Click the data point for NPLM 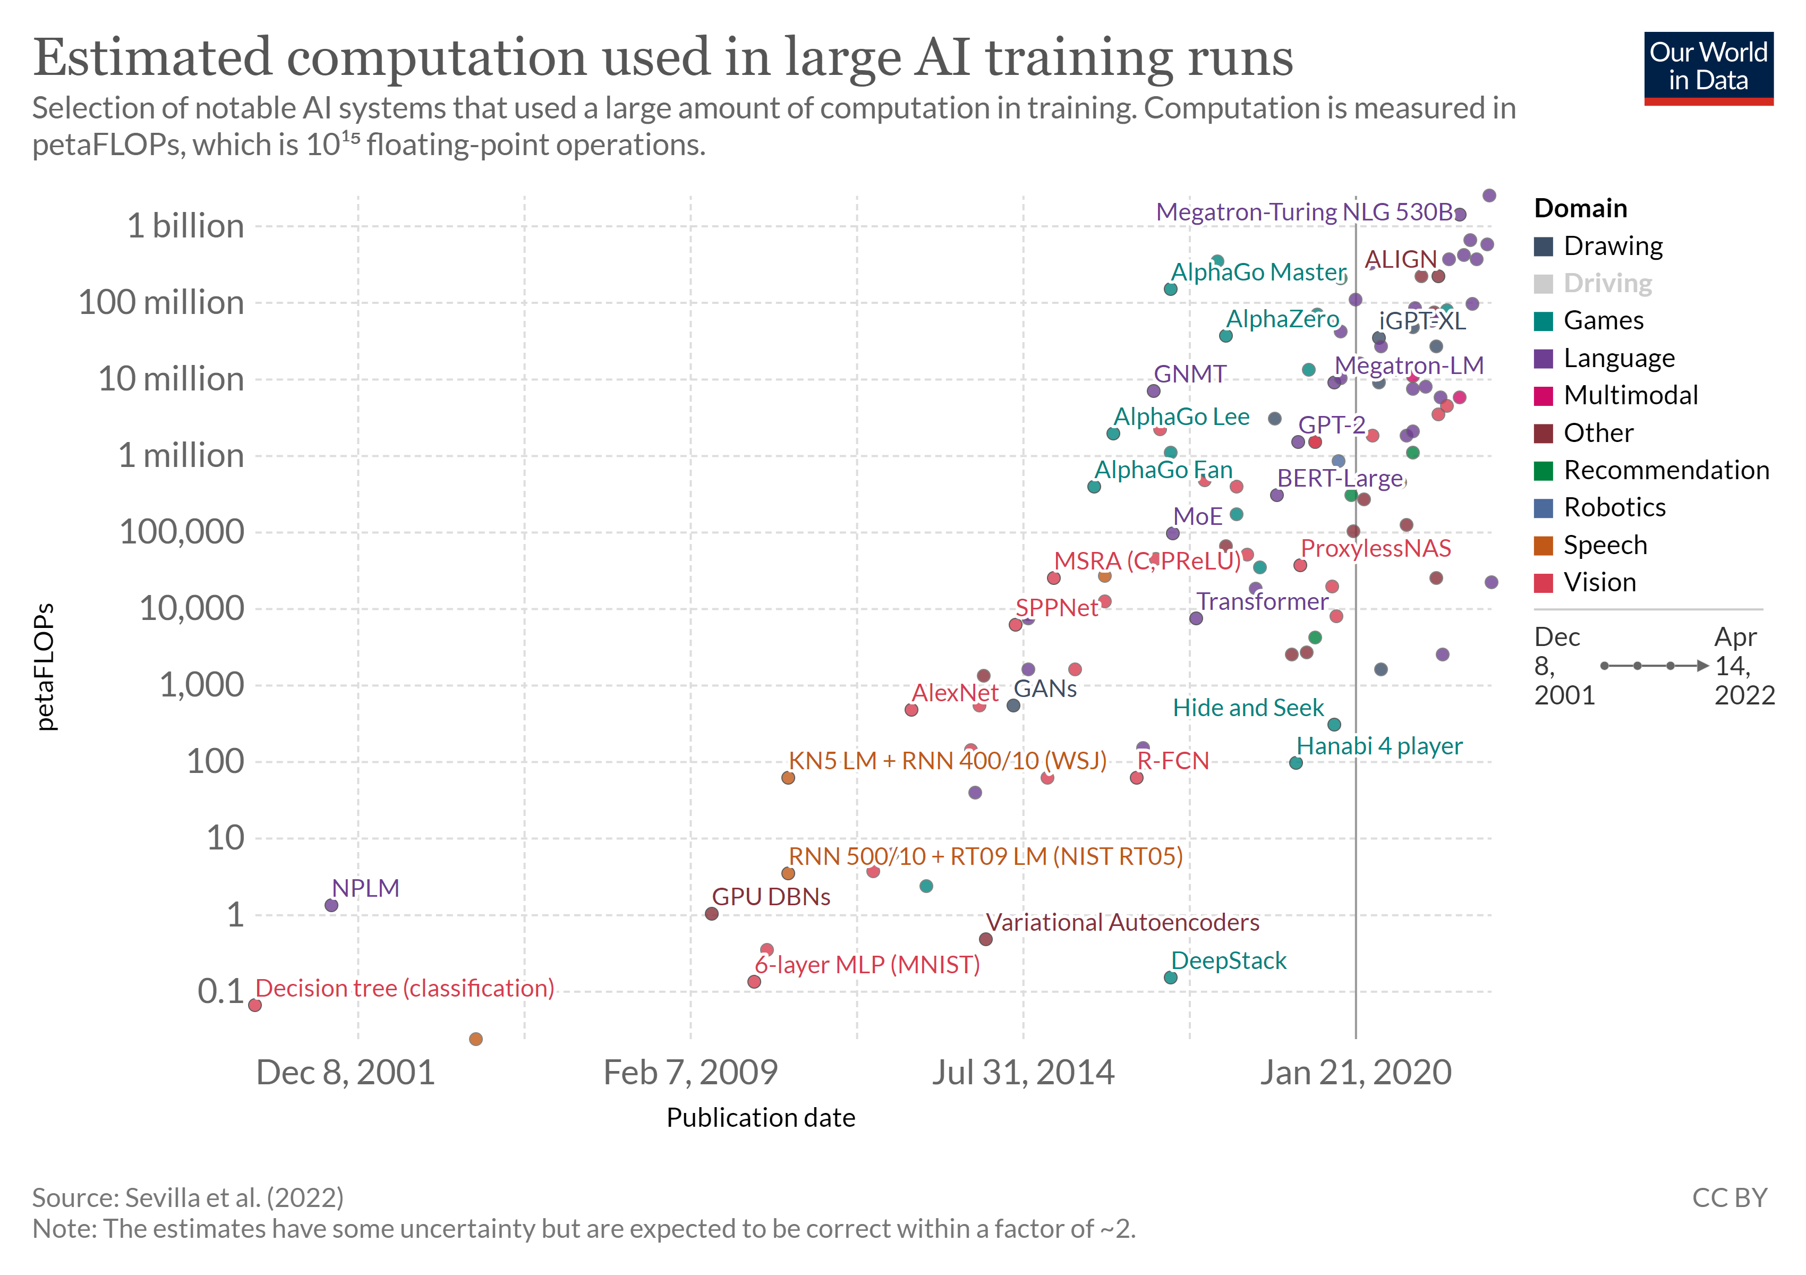pyautogui.click(x=331, y=905)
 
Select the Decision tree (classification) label pyautogui.click(x=404, y=988)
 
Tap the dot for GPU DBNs pyautogui.click(x=711, y=914)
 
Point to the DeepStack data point pyautogui.click(x=1170, y=977)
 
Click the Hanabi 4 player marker pyautogui.click(x=1296, y=763)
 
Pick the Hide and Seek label pyautogui.click(x=1248, y=708)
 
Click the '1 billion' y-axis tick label pyautogui.click(x=185, y=226)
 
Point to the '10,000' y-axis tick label pyautogui.click(x=192, y=609)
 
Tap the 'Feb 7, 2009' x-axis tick pyautogui.click(x=690, y=1073)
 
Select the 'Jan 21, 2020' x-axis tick pyautogui.click(x=1355, y=1073)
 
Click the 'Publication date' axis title pyautogui.click(x=761, y=1118)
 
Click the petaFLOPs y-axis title pyautogui.click(x=46, y=667)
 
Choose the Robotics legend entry pyautogui.click(x=1614, y=507)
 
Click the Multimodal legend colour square pyautogui.click(x=1543, y=396)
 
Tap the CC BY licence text pyautogui.click(x=1729, y=1198)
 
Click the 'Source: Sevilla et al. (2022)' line pyautogui.click(x=188, y=1198)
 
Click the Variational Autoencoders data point pyautogui.click(x=985, y=939)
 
